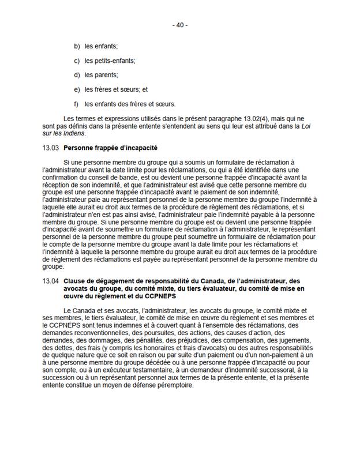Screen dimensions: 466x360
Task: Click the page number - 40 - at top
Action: [x=180, y=25]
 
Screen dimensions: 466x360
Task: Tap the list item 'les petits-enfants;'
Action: [x=110, y=61]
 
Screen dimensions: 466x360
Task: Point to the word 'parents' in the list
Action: [x=106, y=75]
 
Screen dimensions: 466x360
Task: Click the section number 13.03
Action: [x=51, y=148]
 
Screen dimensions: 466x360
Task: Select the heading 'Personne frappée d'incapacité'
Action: [x=106, y=148]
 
